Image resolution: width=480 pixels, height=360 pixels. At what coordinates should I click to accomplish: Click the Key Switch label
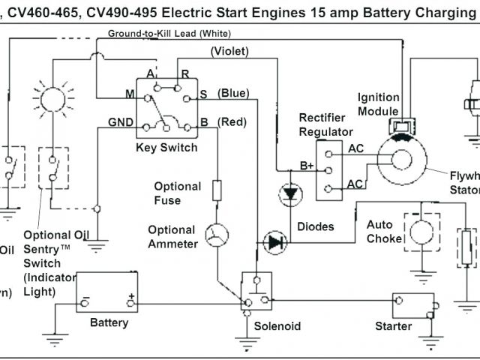click(x=167, y=147)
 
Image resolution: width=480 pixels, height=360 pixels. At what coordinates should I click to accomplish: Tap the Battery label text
click(x=109, y=322)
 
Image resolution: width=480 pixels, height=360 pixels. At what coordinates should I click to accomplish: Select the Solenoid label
click(x=277, y=326)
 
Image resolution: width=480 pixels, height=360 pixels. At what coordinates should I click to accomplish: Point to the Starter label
click(x=394, y=326)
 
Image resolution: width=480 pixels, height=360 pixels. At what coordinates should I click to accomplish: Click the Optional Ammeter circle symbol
click(x=217, y=235)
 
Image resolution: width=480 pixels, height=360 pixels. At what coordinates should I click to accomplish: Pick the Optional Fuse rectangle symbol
click(x=217, y=190)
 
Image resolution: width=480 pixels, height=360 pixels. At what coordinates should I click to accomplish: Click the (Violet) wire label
click(x=240, y=51)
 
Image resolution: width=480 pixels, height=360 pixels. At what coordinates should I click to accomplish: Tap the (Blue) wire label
click(x=233, y=93)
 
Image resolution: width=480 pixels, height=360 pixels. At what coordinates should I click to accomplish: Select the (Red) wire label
click(x=231, y=121)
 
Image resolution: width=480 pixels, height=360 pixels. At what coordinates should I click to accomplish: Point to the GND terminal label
click(x=121, y=121)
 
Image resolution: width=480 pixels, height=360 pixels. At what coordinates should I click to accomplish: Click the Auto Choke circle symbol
click(x=419, y=228)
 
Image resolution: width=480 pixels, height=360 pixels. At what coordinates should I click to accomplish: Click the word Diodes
click(x=316, y=226)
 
